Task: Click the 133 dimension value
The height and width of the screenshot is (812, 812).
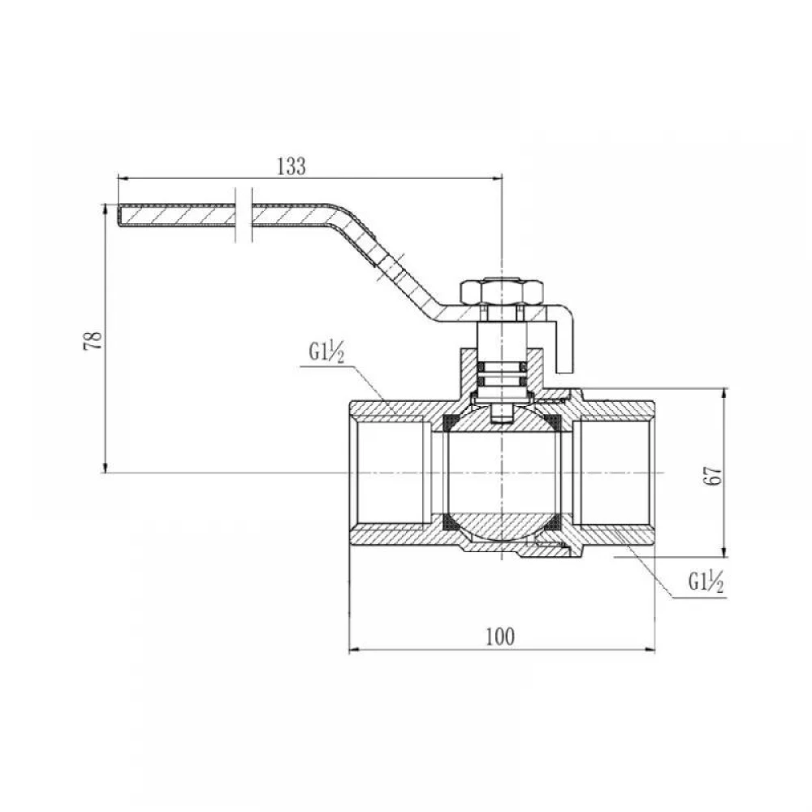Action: click(x=292, y=166)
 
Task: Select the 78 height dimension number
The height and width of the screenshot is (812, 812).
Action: click(x=93, y=340)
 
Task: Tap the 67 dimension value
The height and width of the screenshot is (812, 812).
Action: click(x=713, y=475)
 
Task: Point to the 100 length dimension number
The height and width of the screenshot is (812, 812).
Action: click(x=500, y=637)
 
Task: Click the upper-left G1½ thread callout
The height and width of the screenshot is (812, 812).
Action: click(x=326, y=352)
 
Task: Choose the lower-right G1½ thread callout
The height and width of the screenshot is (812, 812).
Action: click(x=706, y=582)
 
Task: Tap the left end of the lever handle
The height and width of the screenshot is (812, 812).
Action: click(x=119, y=215)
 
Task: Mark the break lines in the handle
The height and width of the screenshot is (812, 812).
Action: click(x=244, y=214)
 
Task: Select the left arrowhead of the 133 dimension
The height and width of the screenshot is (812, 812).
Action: click(x=123, y=178)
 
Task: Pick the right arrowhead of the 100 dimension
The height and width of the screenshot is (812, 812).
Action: click(x=650, y=650)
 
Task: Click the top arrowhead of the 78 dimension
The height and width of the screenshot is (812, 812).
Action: click(x=105, y=210)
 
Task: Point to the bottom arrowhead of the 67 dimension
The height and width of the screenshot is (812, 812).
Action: click(x=724, y=551)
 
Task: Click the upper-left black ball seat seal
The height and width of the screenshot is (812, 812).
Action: click(x=451, y=421)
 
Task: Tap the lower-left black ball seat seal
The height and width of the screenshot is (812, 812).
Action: click(x=451, y=523)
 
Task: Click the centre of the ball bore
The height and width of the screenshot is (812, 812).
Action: click(x=502, y=473)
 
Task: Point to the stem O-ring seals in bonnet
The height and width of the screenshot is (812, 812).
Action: click(x=502, y=374)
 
